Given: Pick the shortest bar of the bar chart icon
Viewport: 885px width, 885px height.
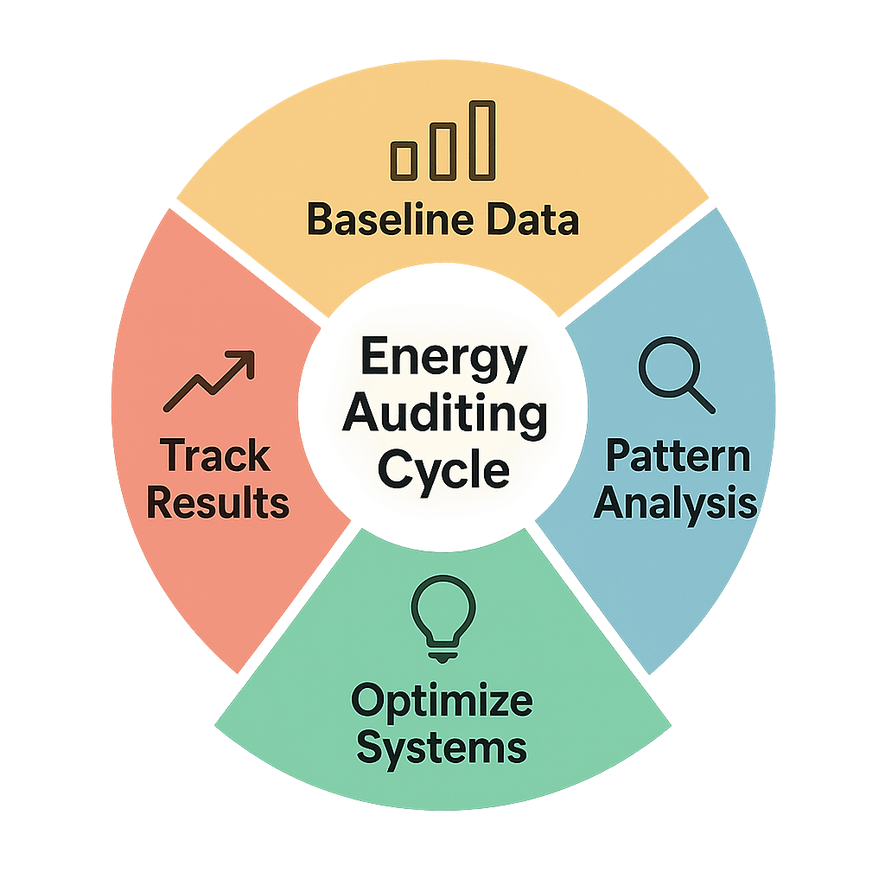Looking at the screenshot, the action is click(x=404, y=160).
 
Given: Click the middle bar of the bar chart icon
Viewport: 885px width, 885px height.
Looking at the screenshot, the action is click(x=442, y=150).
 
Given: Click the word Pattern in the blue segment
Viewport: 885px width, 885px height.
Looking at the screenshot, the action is click(x=677, y=455).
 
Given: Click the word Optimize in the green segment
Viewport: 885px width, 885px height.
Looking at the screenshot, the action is click(x=442, y=701).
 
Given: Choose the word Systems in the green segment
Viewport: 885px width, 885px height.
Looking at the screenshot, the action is click(x=442, y=746).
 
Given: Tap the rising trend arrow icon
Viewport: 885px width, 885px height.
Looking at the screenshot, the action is click(x=210, y=380).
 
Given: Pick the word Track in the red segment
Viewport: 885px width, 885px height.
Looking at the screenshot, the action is click(x=216, y=455).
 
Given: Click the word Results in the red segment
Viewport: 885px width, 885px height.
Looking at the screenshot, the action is click(x=218, y=502).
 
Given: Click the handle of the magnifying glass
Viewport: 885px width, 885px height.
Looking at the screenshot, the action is click(x=701, y=399).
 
